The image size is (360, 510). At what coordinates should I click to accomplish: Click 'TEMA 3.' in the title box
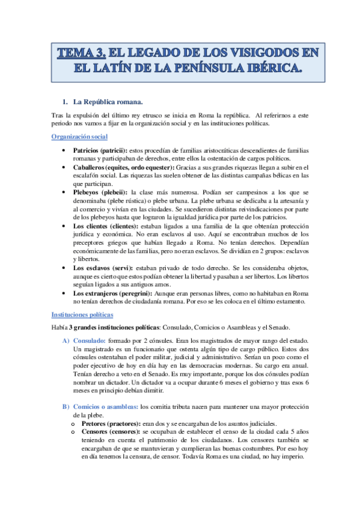pyautogui.click(x=82, y=54)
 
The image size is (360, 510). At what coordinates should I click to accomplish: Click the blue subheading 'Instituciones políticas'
pyautogui.click(x=82, y=314)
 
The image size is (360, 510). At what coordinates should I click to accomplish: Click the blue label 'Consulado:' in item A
pyautogui.click(x=89, y=341)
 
